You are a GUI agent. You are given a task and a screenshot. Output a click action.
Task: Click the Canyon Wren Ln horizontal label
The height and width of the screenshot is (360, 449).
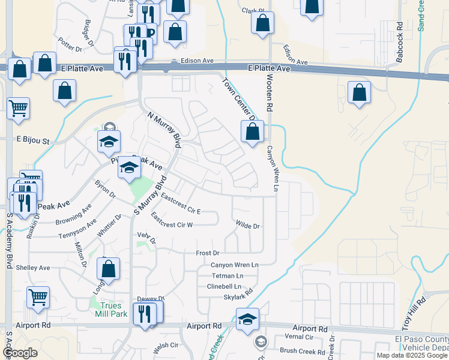coord(234,265)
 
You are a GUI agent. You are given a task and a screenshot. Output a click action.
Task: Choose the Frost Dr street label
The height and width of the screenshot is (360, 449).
coord(208,254)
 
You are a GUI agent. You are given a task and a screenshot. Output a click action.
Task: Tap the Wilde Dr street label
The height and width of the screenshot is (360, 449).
coord(247,226)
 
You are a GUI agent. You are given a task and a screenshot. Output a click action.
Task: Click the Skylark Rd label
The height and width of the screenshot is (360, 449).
coord(238,297)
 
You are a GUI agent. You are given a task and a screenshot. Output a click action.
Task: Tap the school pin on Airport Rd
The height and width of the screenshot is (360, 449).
coord(247,320)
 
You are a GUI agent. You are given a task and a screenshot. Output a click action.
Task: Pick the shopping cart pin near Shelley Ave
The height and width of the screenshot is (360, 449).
coord(38,297)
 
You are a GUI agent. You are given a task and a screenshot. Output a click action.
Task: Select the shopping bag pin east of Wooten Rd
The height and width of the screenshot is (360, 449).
coord(359,93)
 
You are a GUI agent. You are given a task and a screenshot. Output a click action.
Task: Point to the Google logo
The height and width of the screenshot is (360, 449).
coord(20,353)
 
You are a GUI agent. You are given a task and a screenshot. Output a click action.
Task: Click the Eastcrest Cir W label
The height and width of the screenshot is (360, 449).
coord(172,225)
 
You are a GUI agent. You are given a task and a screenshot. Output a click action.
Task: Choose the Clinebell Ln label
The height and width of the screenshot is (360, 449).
coord(223,286)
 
